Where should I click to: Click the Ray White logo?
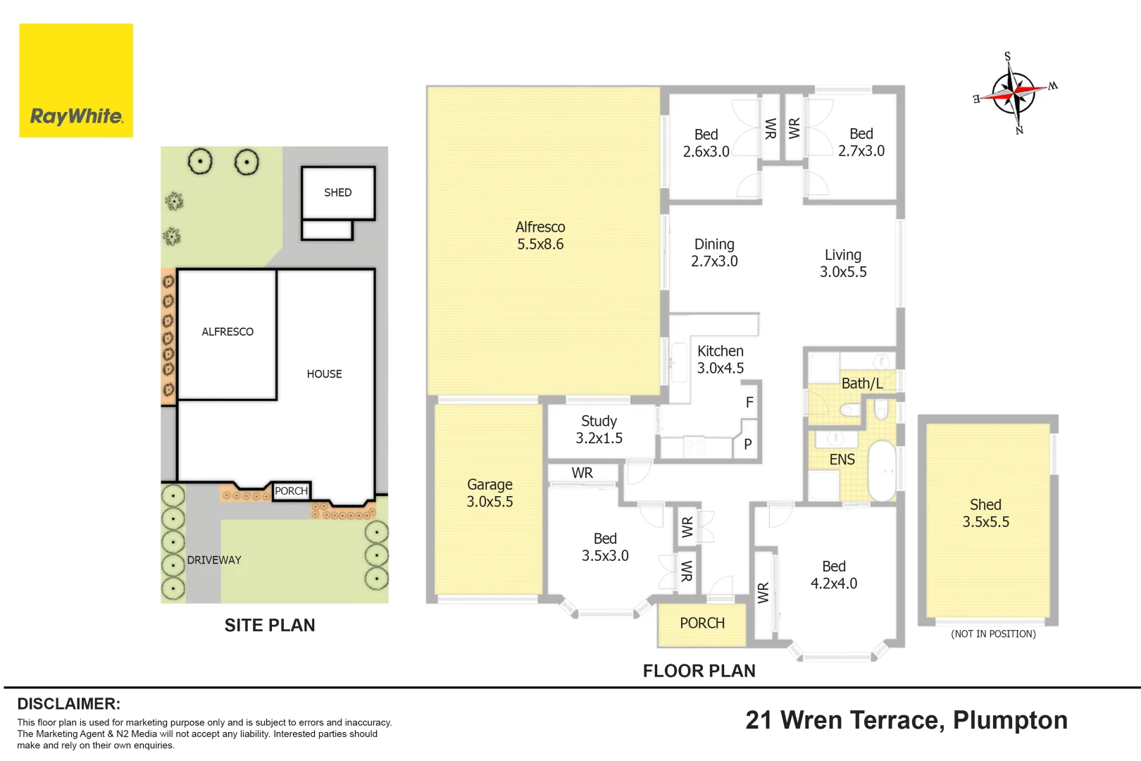(x=76, y=80)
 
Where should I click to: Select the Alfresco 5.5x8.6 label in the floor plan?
(x=540, y=235)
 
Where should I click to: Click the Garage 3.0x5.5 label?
(x=490, y=493)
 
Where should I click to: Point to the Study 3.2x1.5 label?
(x=599, y=429)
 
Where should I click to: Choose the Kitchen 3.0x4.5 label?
(x=721, y=359)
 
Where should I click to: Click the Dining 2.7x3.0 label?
(x=714, y=252)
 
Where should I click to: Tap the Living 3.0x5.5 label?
(x=843, y=263)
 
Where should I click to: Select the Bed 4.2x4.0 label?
(x=834, y=574)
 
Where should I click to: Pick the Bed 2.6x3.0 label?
(x=706, y=143)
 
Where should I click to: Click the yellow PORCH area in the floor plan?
(x=702, y=625)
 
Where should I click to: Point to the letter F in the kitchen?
(x=749, y=402)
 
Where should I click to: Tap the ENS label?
(x=842, y=459)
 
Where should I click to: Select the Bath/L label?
(x=862, y=383)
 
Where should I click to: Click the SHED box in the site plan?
(x=338, y=193)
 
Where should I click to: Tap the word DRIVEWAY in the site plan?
(x=214, y=560)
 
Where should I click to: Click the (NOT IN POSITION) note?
(x=993, y=634)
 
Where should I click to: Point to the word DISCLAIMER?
(x=69, y=704)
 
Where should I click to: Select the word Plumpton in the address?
(x=1010, y=721)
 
